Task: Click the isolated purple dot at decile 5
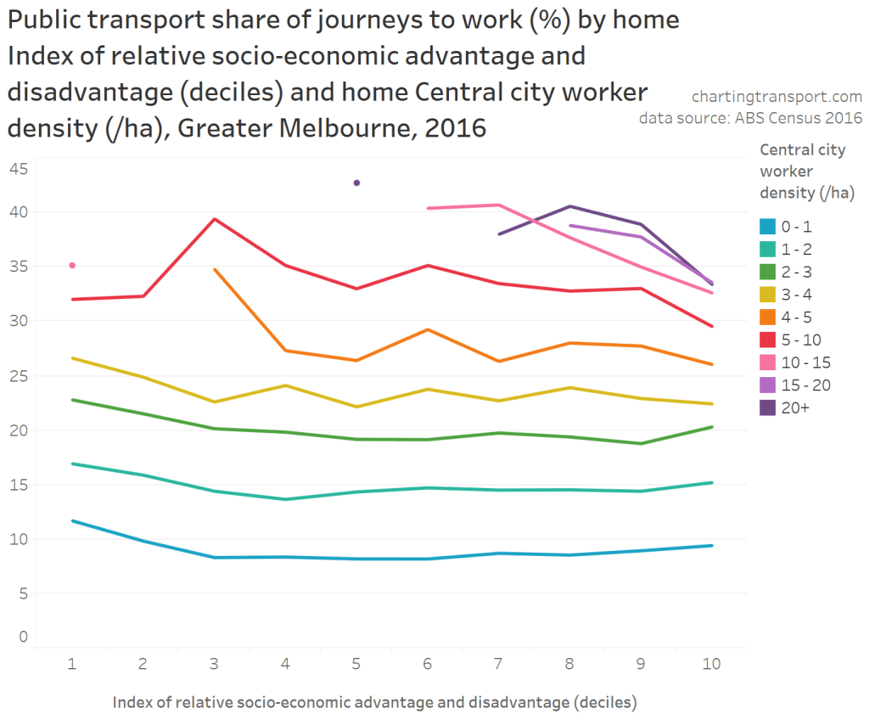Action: pyautogui.click(x=356, y=183)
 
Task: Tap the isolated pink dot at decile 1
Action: pyautogui.click(x=72, y=266)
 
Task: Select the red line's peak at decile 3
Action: pyautogui.click(x=215, y=219)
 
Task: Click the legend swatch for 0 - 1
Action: pyautogui.click(x=767, y=227)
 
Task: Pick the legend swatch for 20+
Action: pyautogui.click(x=767, y=408)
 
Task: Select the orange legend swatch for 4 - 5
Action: pyautogui.click(x=767, y=318)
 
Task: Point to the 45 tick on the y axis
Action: pyautogui.click(x=18, y=169)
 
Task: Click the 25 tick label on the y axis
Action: pyautogui.click(x=18, y=375)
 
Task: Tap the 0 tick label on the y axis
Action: pyautogui.click(x=23, y=637)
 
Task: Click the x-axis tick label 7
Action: pyautogui.click(x=499, y=664)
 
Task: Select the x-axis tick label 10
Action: pyautogui.click(x=711, y=664)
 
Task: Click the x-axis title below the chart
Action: pyautogui.click(x=374, y=702)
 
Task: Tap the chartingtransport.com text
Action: pyautogui.click(x=776, y=96)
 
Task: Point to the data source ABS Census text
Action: pyautogui.click(x=750, y=118)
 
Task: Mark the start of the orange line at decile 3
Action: pyautogui.click(x=215, y=269)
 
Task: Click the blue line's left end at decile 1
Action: pyautogui.click(x=72, y=520)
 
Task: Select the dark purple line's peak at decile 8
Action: pyautogui.click(x=570, y=206)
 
